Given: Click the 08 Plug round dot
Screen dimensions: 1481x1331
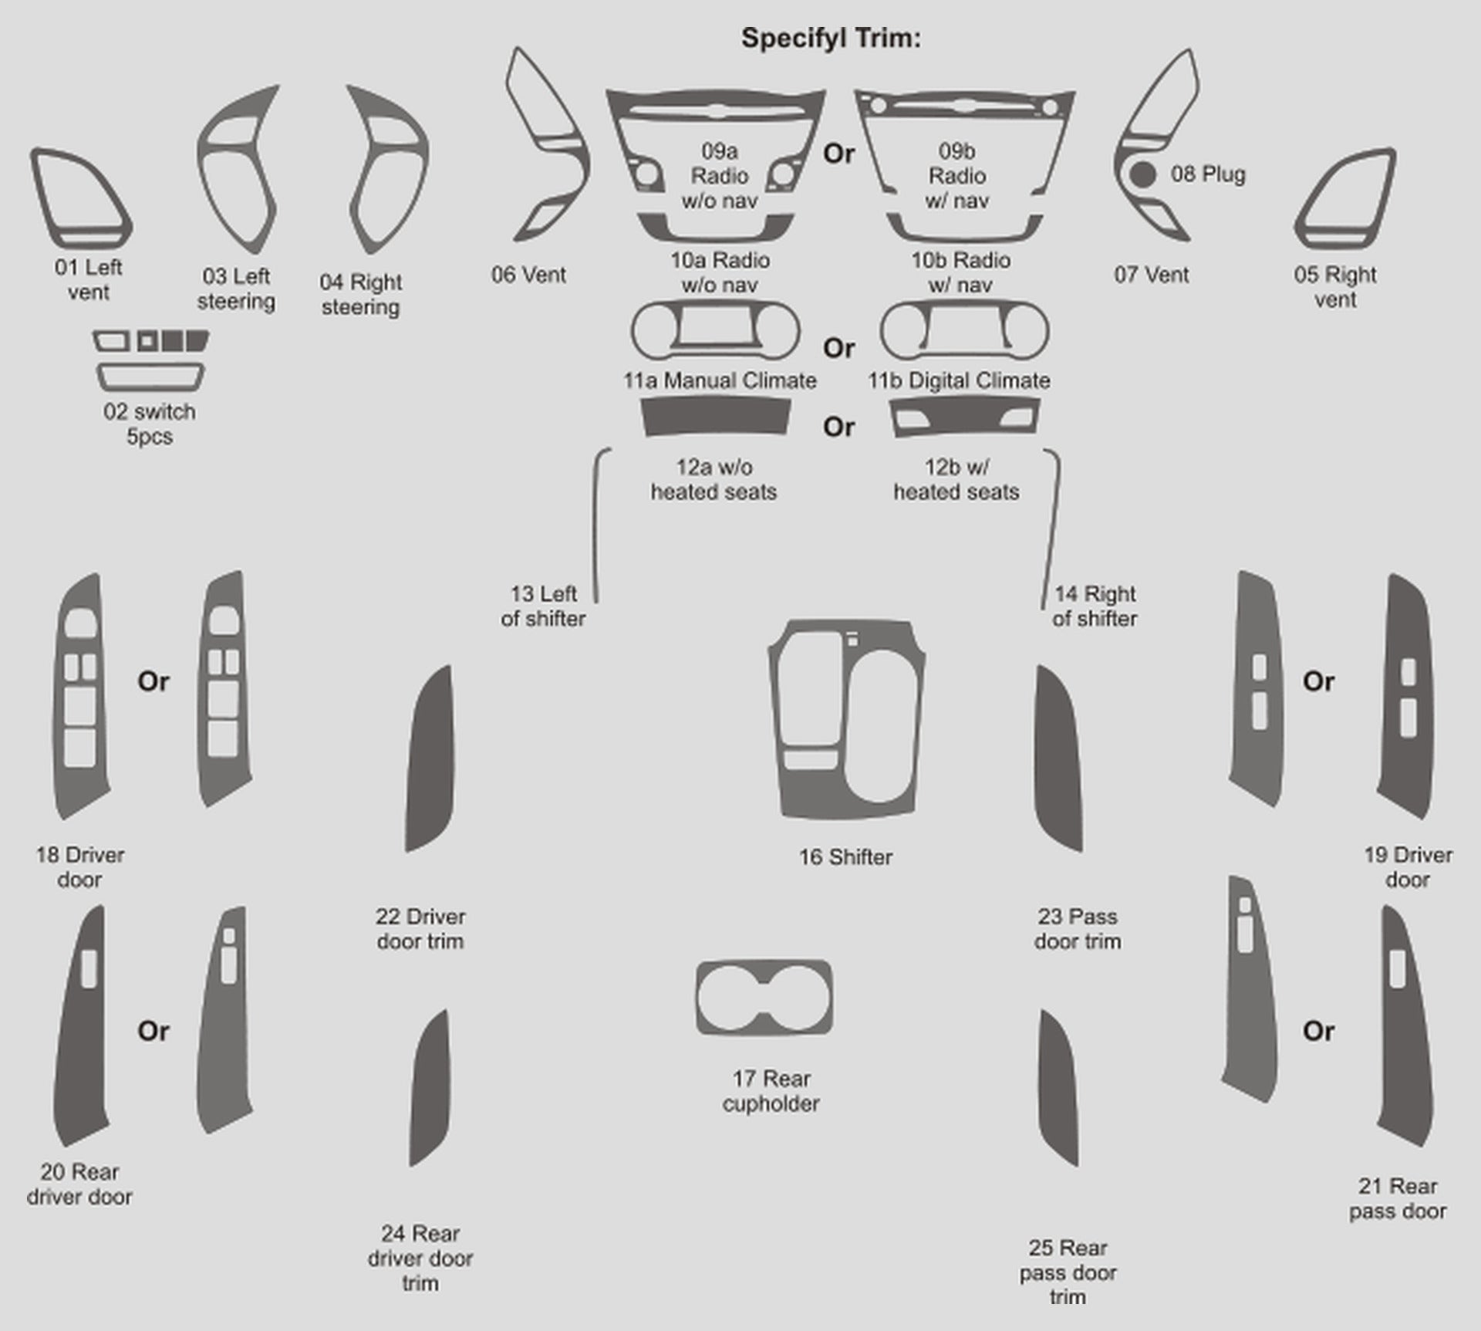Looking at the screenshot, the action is click(x=1142, y=174).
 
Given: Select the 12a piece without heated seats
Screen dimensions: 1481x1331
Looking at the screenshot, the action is click(x=715, y=417).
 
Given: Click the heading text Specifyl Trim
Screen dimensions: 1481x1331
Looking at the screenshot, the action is click(x=831, y=38).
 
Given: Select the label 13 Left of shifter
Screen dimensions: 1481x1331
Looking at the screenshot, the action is click(x=543, y=606).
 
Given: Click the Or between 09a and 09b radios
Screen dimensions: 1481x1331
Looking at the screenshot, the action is click(x=838, y=154).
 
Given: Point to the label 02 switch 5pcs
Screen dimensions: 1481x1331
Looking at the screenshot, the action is click(x=150, y=424).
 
